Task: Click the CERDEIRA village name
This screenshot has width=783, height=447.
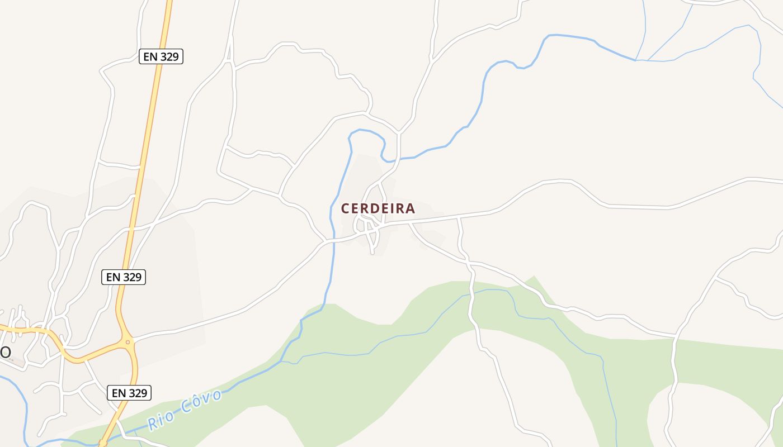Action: coord(378,208)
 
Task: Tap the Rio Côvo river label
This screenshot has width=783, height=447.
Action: coord(185,410)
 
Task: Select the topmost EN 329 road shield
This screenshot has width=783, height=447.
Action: coord(161,56)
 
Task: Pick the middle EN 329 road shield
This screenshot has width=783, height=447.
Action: coord(124,277)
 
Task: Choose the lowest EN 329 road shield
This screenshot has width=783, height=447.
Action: coord(129,393)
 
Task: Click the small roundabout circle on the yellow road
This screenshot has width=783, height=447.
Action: coord(128,342)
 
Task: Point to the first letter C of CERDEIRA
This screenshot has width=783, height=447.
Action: coord(346,208)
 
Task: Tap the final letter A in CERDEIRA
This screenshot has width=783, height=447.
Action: coord(411,208)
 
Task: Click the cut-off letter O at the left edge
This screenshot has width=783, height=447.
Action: coord(5,352)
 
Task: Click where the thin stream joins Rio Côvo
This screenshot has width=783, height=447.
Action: coord(283,361)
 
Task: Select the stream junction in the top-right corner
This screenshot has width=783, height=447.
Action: coord(636,60)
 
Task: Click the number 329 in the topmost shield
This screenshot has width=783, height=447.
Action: coord(169,56)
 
